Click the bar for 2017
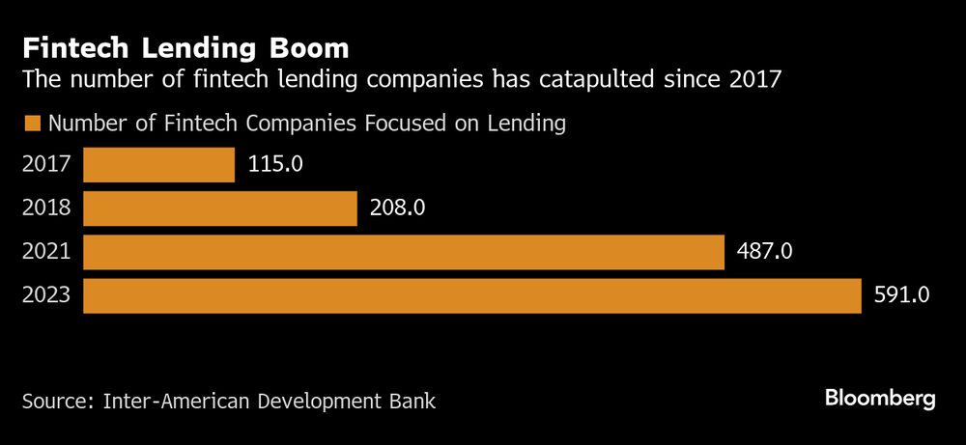pyautogui.click(x=158, y=164)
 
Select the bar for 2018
pyautogui.click(x=220, y=208)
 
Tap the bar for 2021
pyautogui.click(x=404, y=252)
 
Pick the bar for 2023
pyautogui.click(x=471, y=295)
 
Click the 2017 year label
pyautogui.click(x=46, y=164)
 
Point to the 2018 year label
pyautogui.click(x=46, y=208)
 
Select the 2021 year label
pyautogui.click(x=46, y=252)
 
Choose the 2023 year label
pyautogui.click(x=46, y=295)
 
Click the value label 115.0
pyautogui.click(x=274, y=164)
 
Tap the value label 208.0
pyautogui.click(x=397, y=208)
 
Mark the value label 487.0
pyautogui.click(x=763, y=252)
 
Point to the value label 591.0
pyautogui.click(x=900, y=295)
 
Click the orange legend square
pyautogui.click(x=31, y=124)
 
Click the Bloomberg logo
pyautogui.click(x=880, y=399)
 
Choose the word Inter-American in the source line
pyautogui.click(x=184, y=400)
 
